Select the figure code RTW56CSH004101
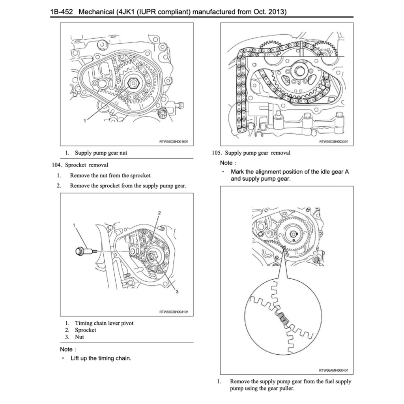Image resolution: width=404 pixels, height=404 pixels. tap(174, 312)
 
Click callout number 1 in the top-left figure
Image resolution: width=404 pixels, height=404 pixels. tap(84, 121)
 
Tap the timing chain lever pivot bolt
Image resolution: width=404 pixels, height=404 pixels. tap(84, 251)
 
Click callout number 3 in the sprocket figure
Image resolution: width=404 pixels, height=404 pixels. tap(177, 292)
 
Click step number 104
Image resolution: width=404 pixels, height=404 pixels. tap(57, 165)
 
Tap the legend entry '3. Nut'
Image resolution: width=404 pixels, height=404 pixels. tap(75, 337)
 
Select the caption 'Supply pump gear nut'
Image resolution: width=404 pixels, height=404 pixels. tap(101, 153)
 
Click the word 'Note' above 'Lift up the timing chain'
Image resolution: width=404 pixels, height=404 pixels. tap(66, 349)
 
